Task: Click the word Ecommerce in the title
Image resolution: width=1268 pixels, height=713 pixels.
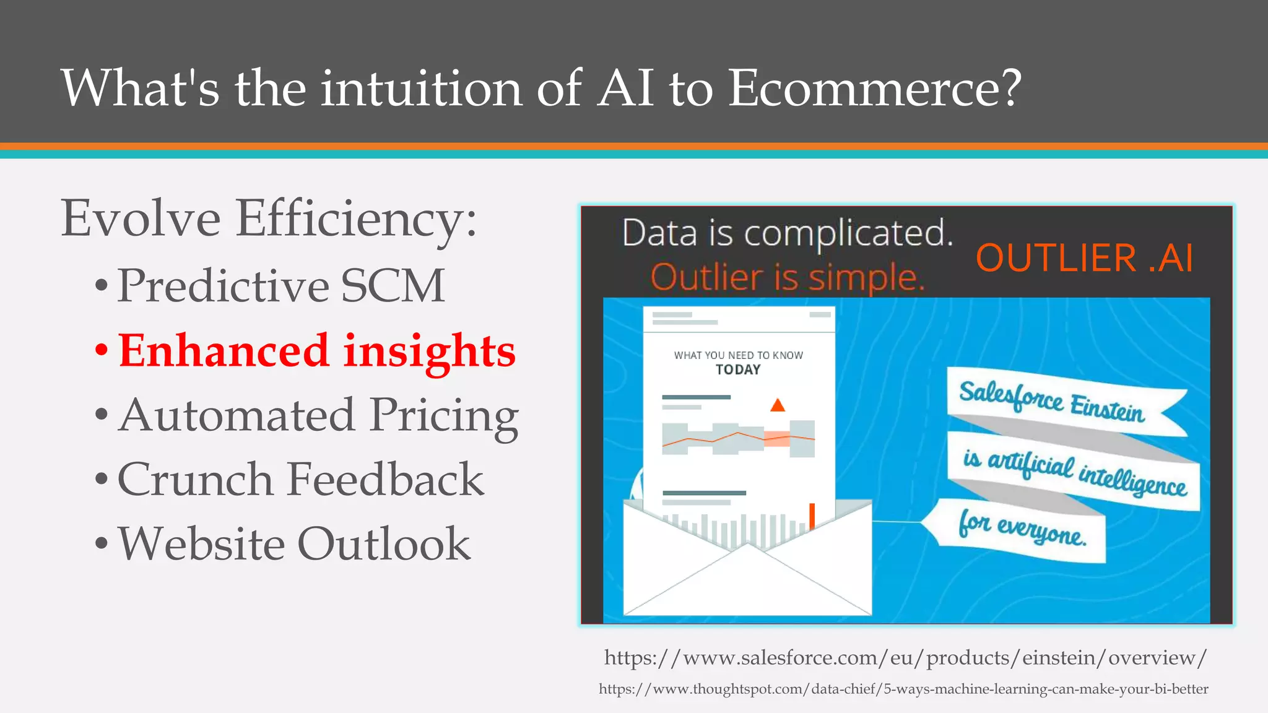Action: [x=873, y=88]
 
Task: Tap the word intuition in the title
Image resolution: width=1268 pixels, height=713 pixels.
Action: [x=421, y=88]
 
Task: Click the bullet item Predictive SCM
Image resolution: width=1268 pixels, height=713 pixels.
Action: [x=280, y=286]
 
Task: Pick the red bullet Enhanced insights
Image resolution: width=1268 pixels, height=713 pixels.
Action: [x=316, y=351]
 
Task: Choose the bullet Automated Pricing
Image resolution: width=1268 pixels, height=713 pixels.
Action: [x=318, y=415]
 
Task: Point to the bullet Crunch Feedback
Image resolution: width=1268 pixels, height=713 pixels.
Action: [x=300, y=480]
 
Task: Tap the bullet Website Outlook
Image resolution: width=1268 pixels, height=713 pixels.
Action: [x=294, y=544]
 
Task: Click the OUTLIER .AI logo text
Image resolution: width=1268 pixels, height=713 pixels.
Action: [x=1083, y=258]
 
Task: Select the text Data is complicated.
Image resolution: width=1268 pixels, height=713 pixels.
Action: [x=787, y=233]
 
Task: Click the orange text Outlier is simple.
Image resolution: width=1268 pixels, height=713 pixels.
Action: [x=787, y=277]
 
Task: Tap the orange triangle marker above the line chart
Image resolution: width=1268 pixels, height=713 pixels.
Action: [x=778, y=405]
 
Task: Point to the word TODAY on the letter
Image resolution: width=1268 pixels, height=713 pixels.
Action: [x=738, y=370]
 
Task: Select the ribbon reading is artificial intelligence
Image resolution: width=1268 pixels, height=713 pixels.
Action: [x=1074, y=472]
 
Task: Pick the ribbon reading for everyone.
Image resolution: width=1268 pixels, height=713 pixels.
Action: [x=1022, y=530]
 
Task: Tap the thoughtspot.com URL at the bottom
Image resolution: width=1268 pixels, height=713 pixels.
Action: [x=903, y=689]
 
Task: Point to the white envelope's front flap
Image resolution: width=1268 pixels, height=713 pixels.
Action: [x=747, y=582]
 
